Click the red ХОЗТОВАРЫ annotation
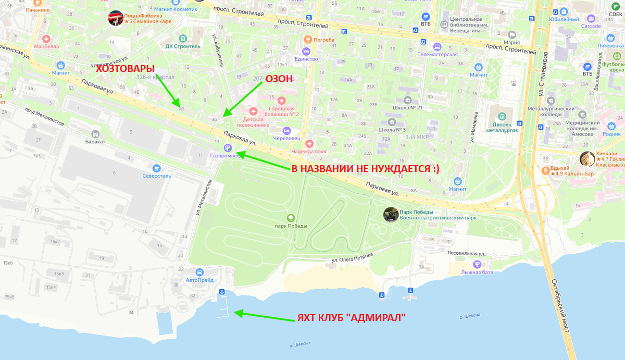point(125,68)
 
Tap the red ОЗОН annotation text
point(280,79)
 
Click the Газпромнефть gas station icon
point(228,148)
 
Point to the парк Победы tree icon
point(291,218)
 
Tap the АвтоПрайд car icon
point(199,272)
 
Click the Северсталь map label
point(157,176)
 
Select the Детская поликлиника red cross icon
point(253,111)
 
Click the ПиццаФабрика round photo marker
point(116,18)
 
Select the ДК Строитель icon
point(183,38)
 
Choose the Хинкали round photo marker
point(587,158)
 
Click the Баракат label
point(96,141)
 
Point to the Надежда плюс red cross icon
point(309,143)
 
